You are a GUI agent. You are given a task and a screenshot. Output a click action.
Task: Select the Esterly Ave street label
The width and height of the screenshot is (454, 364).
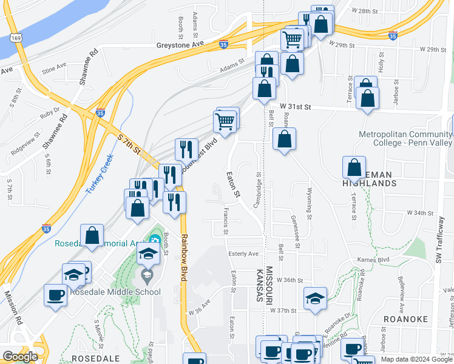(243, 254)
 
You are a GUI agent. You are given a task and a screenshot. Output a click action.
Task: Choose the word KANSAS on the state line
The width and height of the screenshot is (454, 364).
(259, 285)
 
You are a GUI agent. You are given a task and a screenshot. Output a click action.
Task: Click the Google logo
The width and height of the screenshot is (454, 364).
(20, 357)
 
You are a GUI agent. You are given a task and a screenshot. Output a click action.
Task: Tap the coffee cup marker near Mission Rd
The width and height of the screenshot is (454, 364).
(55, 295)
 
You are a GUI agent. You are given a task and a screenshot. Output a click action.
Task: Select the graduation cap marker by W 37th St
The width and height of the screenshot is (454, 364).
(316, 298)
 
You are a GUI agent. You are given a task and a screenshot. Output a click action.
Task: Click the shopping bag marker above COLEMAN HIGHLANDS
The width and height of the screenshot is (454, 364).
(354, 167)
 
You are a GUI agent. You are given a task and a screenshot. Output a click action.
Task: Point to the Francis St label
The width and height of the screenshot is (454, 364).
(225, 220)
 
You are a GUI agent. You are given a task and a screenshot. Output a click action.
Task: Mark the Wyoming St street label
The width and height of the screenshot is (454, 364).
(310, 206)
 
